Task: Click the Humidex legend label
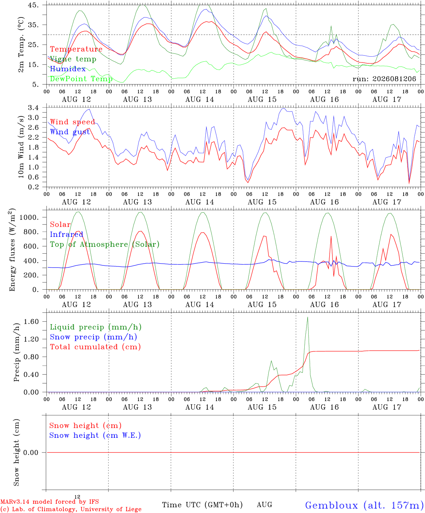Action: (x=68, y=69)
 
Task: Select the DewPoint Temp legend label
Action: (x=81, y=79)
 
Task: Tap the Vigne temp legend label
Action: (x=73, y=59)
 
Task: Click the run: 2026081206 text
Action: (x=384, y=79)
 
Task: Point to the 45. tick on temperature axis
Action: (x=33, y=5)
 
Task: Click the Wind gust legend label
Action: (x=70, y=132)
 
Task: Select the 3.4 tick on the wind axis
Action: (x=33, y=107)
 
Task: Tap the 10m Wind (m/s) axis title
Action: (x=21, y=147)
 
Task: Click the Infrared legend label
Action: (x=67, y=234)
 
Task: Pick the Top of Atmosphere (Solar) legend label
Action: (x=105, y=244)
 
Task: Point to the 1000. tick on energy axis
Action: (x=29, y=217)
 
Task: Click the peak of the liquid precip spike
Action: (x=308, y=317)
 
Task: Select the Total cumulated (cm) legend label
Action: (x=95, y=347)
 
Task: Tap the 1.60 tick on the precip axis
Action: (x=31, y=321)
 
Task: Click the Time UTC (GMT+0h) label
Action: (x=202, y=505)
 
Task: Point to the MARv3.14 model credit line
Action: (x=49, y=502)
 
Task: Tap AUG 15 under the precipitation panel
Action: (x=262, y=407)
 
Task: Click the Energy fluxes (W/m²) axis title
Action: (x=12, y=250)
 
